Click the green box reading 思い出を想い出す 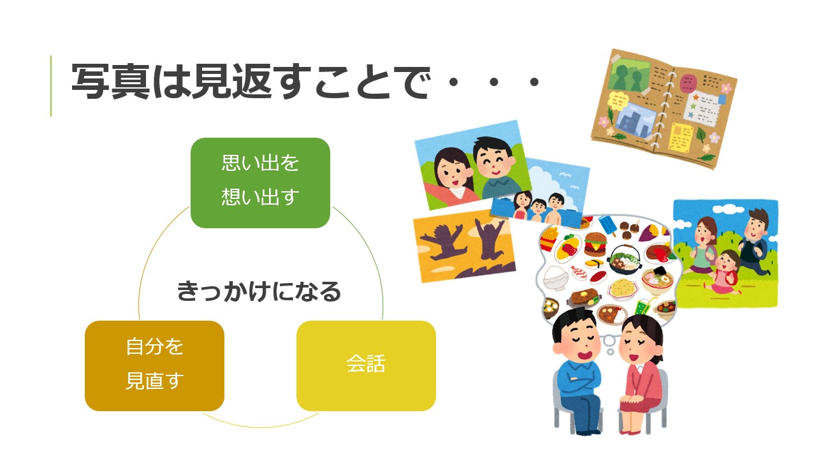[x=260, y=183]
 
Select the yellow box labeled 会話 [x=366, y=366]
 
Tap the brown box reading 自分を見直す [x=154, y=366]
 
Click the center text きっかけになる [x=259, y=291]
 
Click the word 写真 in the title [x=111, y=81]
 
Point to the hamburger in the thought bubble [x=595, y=244]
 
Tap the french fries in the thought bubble [x=550, y=238]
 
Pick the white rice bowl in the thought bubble [x=555, y=277]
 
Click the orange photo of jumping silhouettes [x=465, y=246]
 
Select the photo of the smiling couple [x=473, y=164]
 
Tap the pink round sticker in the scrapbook [x=687, y=84]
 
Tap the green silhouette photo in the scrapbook [x=629, y=75]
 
